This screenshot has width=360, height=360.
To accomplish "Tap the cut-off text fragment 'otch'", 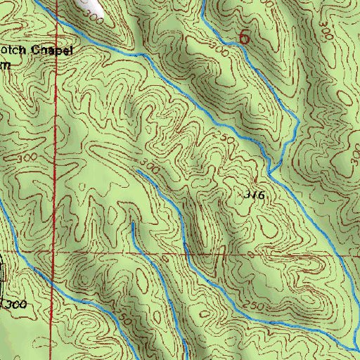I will click(x=15, y=51).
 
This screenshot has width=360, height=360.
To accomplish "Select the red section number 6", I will click(x=244, y=37).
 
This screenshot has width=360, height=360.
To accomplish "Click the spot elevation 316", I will click(x=255, y=196).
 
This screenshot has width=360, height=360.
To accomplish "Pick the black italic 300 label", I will click(x=13, y=304).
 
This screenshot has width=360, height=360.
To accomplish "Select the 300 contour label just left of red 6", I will click(x=220, y=51).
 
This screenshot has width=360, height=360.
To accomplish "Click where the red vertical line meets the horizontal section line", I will click(x=56, y=251).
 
